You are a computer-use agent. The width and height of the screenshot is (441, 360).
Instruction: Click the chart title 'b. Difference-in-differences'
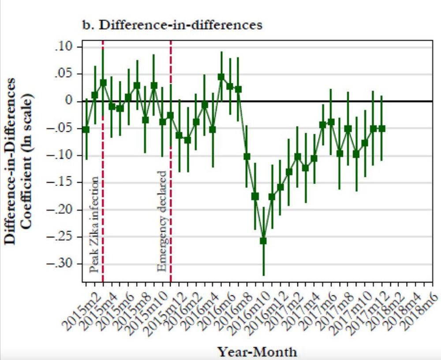[x=172, y=25]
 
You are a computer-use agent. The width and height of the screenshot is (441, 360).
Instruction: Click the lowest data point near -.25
[x=263, y=241]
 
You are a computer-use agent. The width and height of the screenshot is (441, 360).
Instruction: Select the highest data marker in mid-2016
[x=221, y=77]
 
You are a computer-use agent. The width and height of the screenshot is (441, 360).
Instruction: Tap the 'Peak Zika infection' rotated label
[x=94, y=225]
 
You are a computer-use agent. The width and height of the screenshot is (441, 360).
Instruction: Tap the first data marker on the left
[x=86, y=129]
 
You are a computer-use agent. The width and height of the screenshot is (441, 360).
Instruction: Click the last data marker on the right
[x=382, y=128]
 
